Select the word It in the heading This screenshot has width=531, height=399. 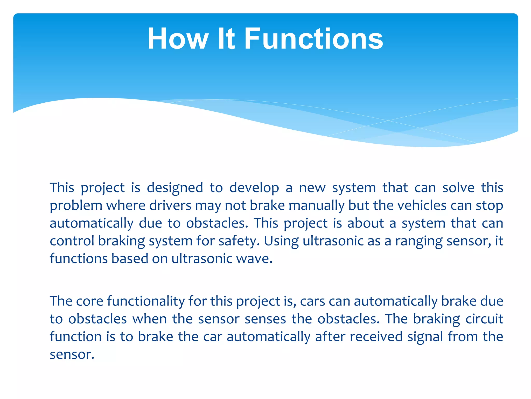pos(226,39)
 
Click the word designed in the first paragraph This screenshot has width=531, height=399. pos(175,188)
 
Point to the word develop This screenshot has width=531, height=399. pos(254,188)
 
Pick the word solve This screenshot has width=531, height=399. pos(458,188)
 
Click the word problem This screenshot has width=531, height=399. pos(76,206)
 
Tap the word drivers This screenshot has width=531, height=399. pos(170,206)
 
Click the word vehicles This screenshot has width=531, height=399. pos(422,206)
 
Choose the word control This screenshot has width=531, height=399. pos(72,241)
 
